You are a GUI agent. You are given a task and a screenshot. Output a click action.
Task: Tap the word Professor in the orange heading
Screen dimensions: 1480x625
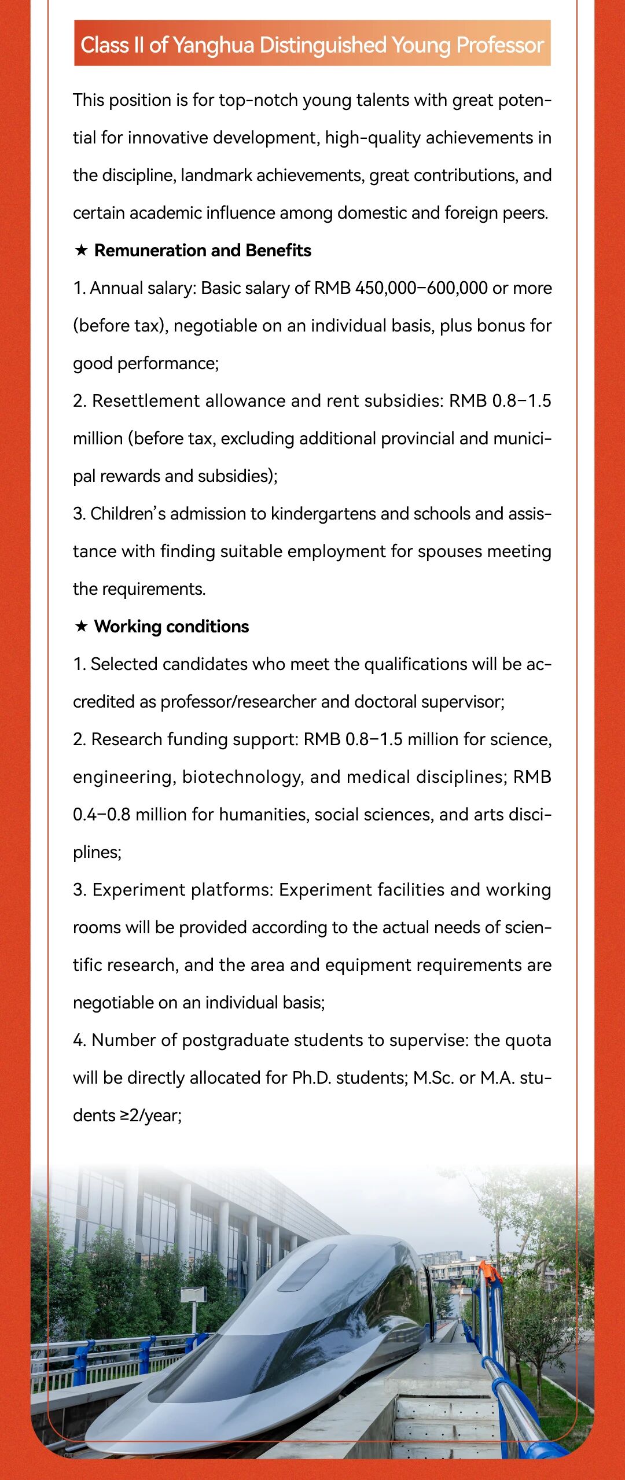click(x=499, y=45)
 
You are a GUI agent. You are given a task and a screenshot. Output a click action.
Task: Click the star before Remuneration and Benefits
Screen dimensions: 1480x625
click(x=82, y=251)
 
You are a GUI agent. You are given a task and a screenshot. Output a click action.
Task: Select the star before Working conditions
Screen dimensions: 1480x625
click(x=82, y=627)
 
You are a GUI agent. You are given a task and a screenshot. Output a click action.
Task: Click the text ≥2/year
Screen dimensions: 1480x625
click(x=150, y=1115)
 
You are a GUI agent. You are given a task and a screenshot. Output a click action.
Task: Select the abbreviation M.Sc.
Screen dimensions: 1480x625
click(x=433, y=1078)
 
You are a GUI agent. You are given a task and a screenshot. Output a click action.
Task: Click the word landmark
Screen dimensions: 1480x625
click(x=216, y=175)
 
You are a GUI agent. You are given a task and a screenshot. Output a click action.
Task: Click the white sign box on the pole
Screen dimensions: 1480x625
click(x=193, y=1295)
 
